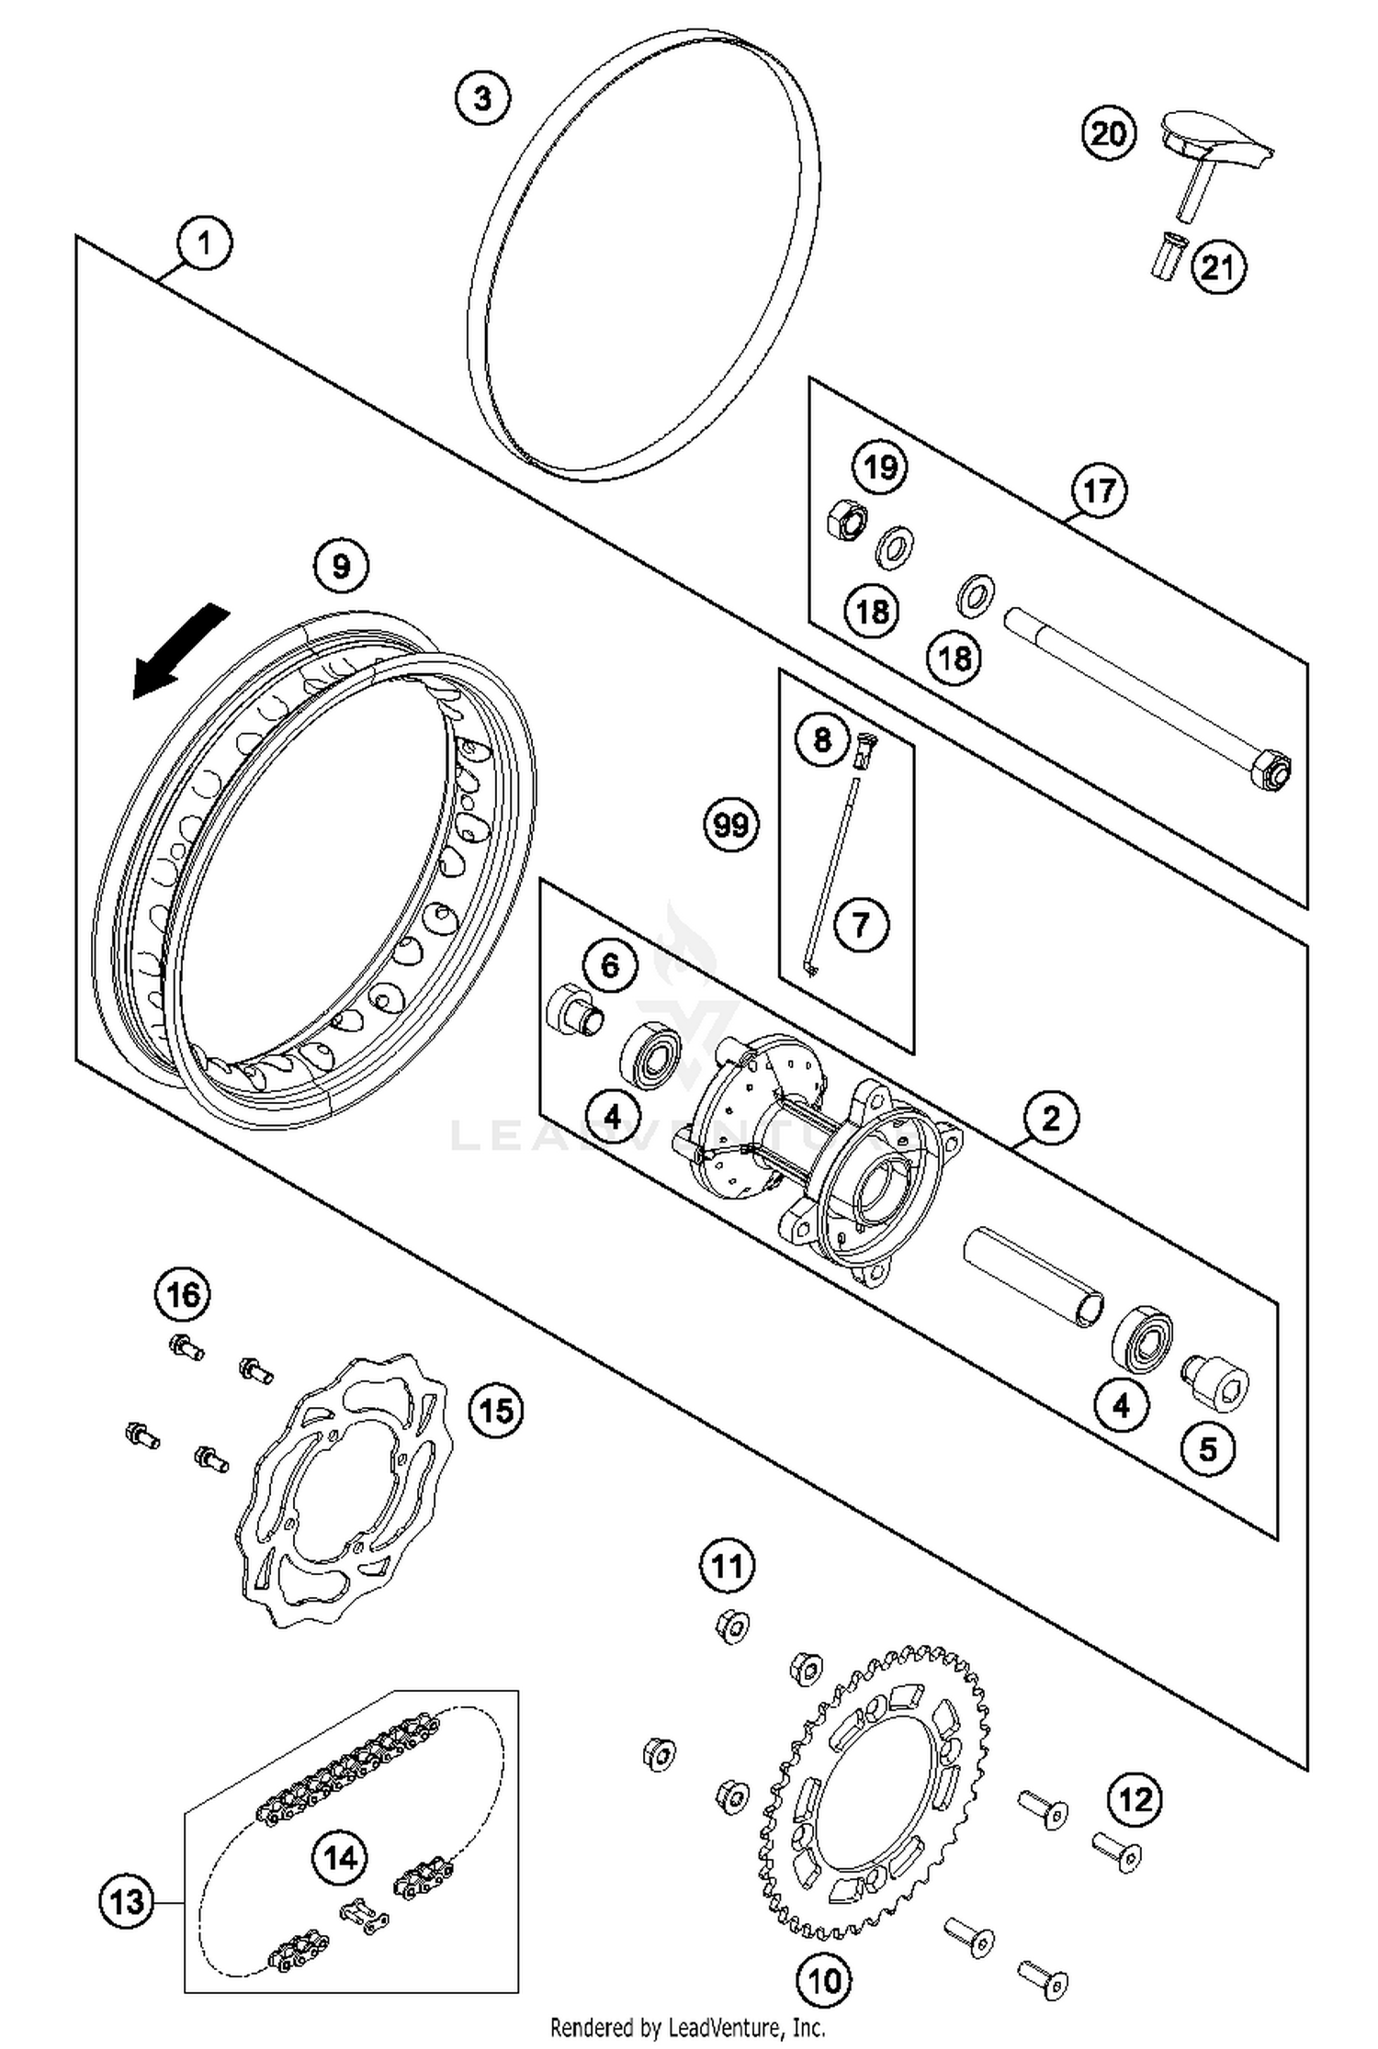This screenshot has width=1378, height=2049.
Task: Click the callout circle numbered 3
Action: click(x=482, y=96)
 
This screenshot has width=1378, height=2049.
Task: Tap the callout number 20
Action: click(x=1108, y=134)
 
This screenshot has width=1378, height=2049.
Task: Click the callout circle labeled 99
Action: click(x=731, y=826)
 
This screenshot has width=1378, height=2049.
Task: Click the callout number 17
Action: click(x=1099, y=491)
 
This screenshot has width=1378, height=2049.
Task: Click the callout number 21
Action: click(x=1218, y=267)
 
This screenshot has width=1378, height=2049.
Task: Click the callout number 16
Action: click(x=183, y=1295)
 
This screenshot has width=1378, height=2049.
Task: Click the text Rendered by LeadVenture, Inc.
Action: click(x=687, y=2027)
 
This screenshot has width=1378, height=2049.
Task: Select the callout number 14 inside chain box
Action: click(x=340, y=1858)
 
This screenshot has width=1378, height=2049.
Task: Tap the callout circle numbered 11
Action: click(x=728, y=1565)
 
